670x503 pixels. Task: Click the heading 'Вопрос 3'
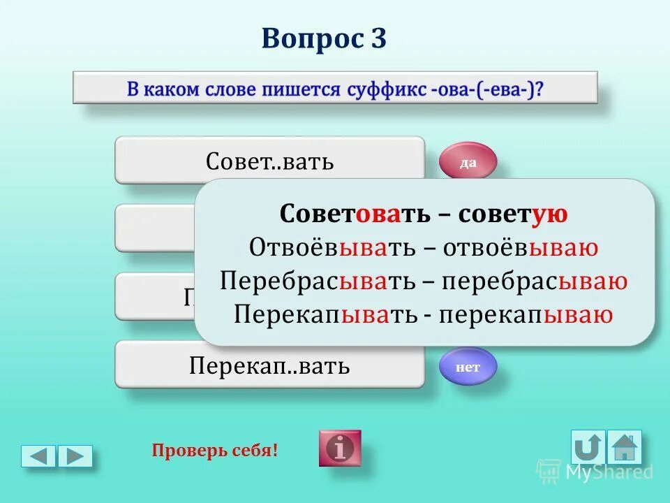point(324,38)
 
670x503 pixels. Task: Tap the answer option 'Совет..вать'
point(269,161)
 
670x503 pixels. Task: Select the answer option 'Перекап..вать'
point(269,365)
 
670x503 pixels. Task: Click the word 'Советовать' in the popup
point(355,214)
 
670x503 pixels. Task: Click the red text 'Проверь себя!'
point(214,451)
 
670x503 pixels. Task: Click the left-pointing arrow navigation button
point(38,456)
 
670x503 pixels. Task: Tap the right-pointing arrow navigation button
point(75,456)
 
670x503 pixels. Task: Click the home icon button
point(624,447)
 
